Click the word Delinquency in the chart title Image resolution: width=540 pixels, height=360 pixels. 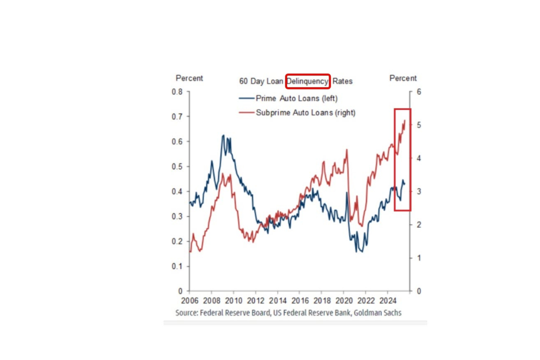pyautogui.click(x=307, y=81)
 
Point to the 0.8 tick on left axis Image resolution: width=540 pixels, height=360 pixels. pyautogui.click(x=177, y=92)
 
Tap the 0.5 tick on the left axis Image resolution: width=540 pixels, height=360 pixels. pyautogui.click(x=177, y=167)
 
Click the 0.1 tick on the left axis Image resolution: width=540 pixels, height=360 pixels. pyautogui.click(x=177, y=266)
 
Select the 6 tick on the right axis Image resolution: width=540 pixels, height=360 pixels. pyautogui.click(x=419, y=92)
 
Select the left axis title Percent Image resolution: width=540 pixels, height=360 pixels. pyautogui.click(x=189, y=78)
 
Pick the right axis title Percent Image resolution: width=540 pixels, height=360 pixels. pyautogui.click(x=403, y=78)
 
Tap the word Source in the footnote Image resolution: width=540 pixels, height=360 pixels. pyautogui.click(x=186, y=313)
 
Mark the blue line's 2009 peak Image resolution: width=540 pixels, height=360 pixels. pyautogui.click(x=223, y=135)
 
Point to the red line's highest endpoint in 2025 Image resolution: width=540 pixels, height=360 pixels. pyautogui.click(x=405, y=120)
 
